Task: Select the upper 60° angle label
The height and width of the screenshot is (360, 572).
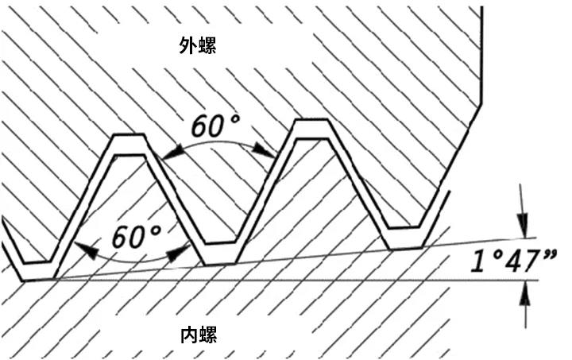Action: click(215, 125)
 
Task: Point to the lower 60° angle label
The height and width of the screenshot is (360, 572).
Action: click(135, 236)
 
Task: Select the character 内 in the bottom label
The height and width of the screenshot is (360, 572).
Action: click(187, 335)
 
